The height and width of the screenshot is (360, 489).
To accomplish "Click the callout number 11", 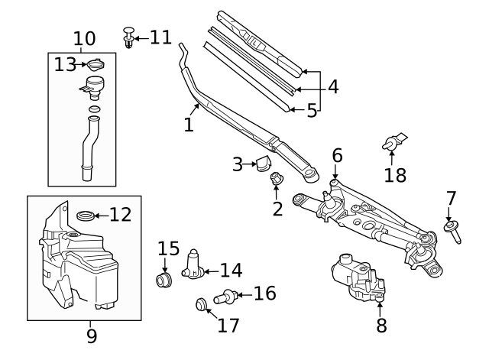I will coord(160,37).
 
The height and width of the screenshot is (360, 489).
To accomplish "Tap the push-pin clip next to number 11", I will coord(130,37).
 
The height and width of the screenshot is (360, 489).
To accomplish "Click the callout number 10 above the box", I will coord(84,38).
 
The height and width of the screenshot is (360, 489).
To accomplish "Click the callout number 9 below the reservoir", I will coord(92,334).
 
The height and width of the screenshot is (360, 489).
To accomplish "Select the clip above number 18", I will coord(393,141).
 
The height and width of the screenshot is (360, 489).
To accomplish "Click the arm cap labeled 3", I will coord(265,163).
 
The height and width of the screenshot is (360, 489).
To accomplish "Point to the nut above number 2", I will coord(277,180).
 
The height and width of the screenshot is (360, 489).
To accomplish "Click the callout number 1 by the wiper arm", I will coord(189,124).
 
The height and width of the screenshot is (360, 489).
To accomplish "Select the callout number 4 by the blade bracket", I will coord(332,86).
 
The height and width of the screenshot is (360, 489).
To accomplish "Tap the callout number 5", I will coord(312,112).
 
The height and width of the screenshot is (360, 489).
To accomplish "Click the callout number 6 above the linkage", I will coord(337,156).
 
